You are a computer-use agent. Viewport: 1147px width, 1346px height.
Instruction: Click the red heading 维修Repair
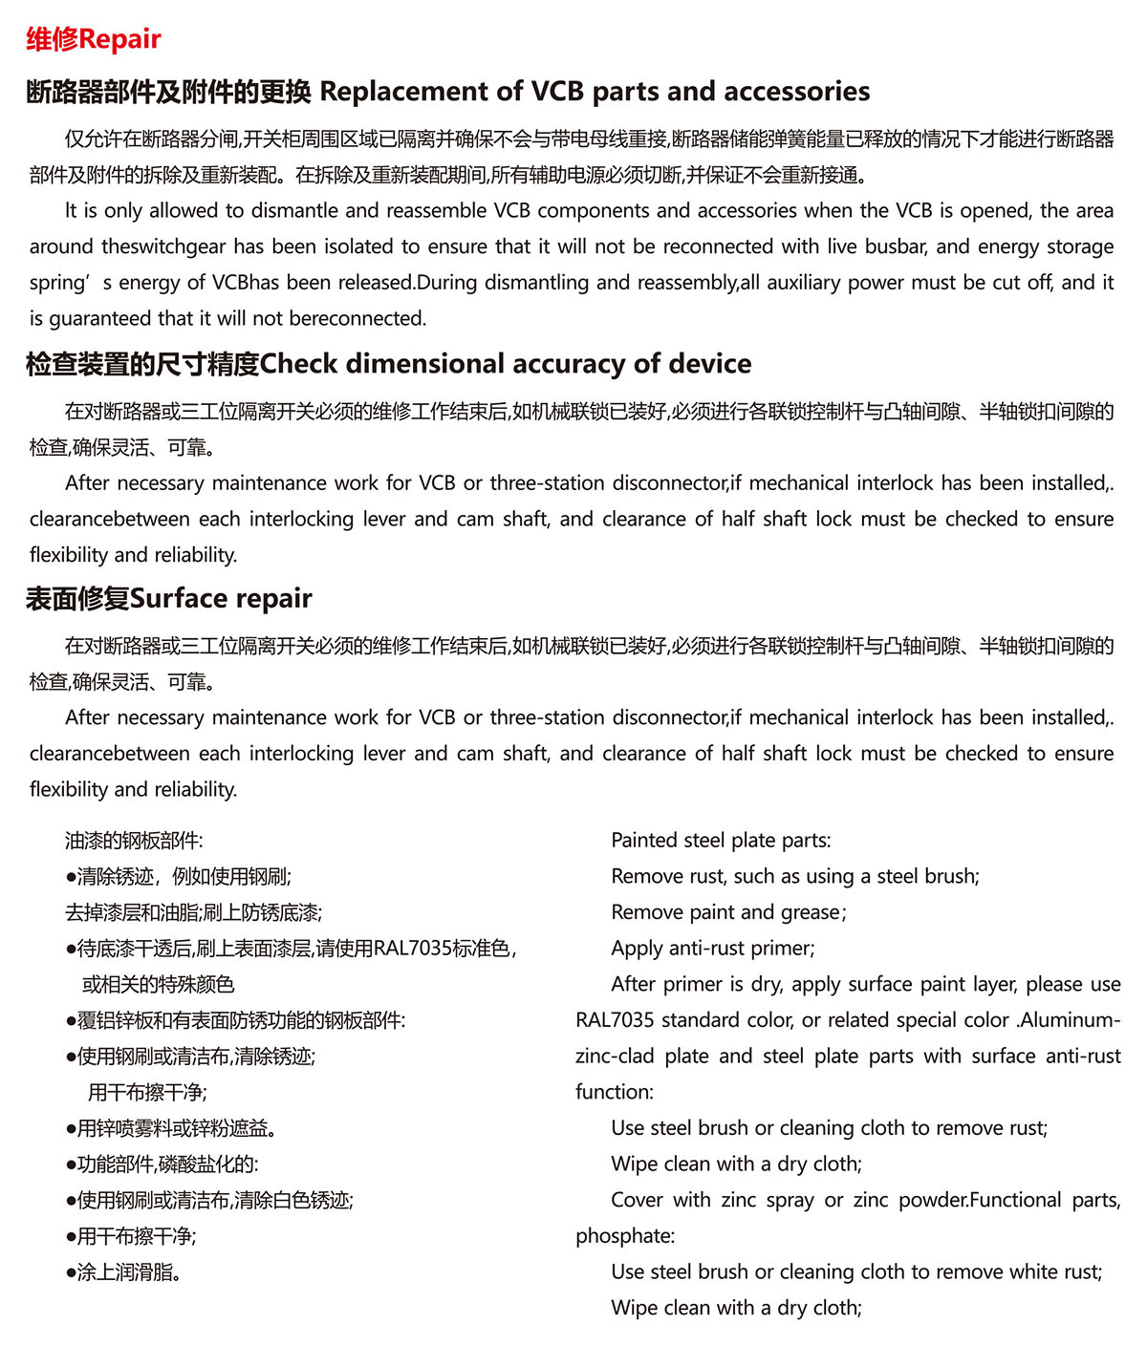[x=94, y=39]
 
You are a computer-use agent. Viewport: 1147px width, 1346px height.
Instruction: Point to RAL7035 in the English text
[x=615, y=1020]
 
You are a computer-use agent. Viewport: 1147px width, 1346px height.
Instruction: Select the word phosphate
[x=624, y=1236]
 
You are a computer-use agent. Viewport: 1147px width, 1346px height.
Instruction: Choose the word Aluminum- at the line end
[x=1071, y=1020]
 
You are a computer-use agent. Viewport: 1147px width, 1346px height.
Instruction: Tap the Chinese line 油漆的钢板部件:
[x=134, y=841]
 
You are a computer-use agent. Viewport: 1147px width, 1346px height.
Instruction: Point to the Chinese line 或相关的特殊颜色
[x=158, y=985]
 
